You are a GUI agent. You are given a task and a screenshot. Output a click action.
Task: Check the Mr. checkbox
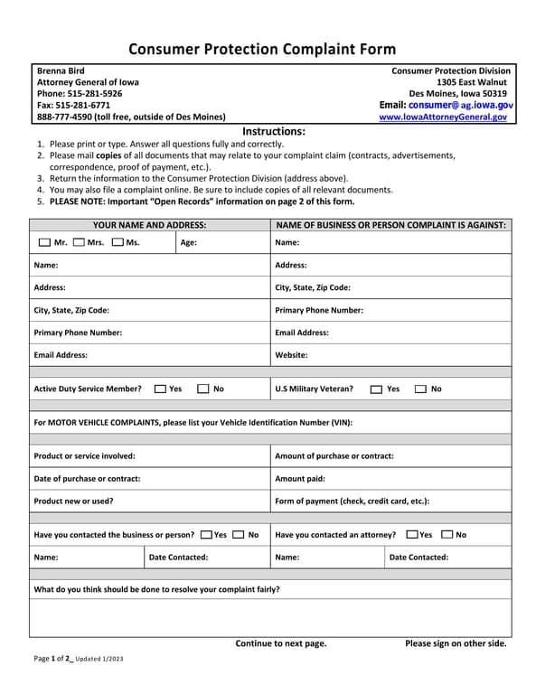[45, 242]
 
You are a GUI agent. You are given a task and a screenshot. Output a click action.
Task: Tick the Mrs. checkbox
[79, 242]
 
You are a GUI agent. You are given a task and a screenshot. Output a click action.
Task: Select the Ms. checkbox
[118, 242]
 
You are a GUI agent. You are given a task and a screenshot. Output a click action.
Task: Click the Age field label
[188, 242]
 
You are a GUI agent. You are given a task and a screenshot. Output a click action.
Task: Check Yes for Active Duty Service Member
[160, 389]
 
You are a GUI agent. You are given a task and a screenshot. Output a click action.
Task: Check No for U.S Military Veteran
[421, 389]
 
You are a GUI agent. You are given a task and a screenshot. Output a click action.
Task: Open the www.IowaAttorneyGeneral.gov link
[443, 117]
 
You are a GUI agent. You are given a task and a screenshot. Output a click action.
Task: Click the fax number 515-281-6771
[72, 106]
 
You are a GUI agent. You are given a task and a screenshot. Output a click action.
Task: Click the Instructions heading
[274, 132]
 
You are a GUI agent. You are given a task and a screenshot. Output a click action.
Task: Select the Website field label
[291, 355]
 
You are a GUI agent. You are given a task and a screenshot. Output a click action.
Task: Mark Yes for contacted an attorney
[412, 535]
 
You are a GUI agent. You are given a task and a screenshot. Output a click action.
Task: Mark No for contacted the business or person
[238, 535]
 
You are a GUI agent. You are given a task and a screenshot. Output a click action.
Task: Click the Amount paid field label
[299, 479]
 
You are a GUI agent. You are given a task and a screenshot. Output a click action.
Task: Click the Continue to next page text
[281, 643]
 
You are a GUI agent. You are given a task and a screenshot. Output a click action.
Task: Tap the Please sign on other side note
[456, 643]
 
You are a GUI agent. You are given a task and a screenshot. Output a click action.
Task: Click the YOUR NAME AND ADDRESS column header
[149, 225]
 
